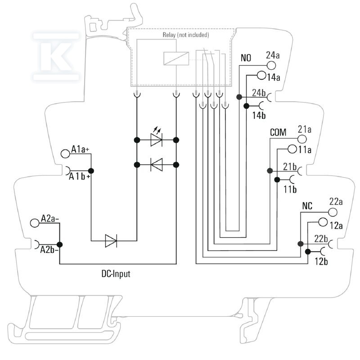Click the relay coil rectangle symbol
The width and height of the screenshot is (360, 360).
176,58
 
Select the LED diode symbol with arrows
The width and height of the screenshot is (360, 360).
156,136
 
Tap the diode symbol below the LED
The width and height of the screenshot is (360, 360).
157,165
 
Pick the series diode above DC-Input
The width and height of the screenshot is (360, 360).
111,241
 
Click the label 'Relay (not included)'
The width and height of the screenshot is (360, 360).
186,35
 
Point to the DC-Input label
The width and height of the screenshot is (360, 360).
116,274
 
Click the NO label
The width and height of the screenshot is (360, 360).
246,58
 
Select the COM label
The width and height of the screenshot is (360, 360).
278,132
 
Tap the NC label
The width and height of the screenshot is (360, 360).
307,206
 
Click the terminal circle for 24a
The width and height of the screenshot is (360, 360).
271,65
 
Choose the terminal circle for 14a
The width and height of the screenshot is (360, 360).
261,75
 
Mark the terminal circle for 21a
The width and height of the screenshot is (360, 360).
302,139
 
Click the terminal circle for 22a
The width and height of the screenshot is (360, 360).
333,212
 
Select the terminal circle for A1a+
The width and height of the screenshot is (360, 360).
65,153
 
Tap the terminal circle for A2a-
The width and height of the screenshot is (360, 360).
35,223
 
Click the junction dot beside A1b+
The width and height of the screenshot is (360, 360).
91,171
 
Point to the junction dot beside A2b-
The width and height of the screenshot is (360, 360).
60,244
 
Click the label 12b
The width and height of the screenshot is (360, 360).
321,261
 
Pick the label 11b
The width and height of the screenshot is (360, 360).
290,189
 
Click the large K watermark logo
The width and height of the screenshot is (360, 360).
56,57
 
